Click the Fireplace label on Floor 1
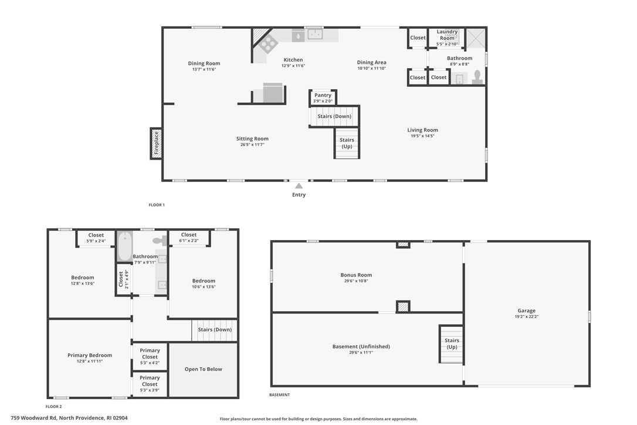tap(157, 143)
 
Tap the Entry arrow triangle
tap(299, 186)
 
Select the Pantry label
tap(323, 95)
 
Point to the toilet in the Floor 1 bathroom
tap(477, 77)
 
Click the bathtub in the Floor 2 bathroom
tap(125, 247)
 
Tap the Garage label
tap(527, 311)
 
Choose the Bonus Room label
tap(356, 275)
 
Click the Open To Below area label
tap(203, 369)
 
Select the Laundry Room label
tap(447, 35)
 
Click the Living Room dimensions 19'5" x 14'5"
tap(422, 136)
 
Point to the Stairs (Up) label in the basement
tap(452, 343)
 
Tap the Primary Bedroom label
tap(90, 355)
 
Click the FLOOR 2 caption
tap(53, 406)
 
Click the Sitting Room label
tap(252, 139)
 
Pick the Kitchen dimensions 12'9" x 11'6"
tap(293, 66)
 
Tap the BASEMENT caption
tap(280, 394)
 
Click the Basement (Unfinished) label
tap(361, 346)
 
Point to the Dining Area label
tap(372, 62)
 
